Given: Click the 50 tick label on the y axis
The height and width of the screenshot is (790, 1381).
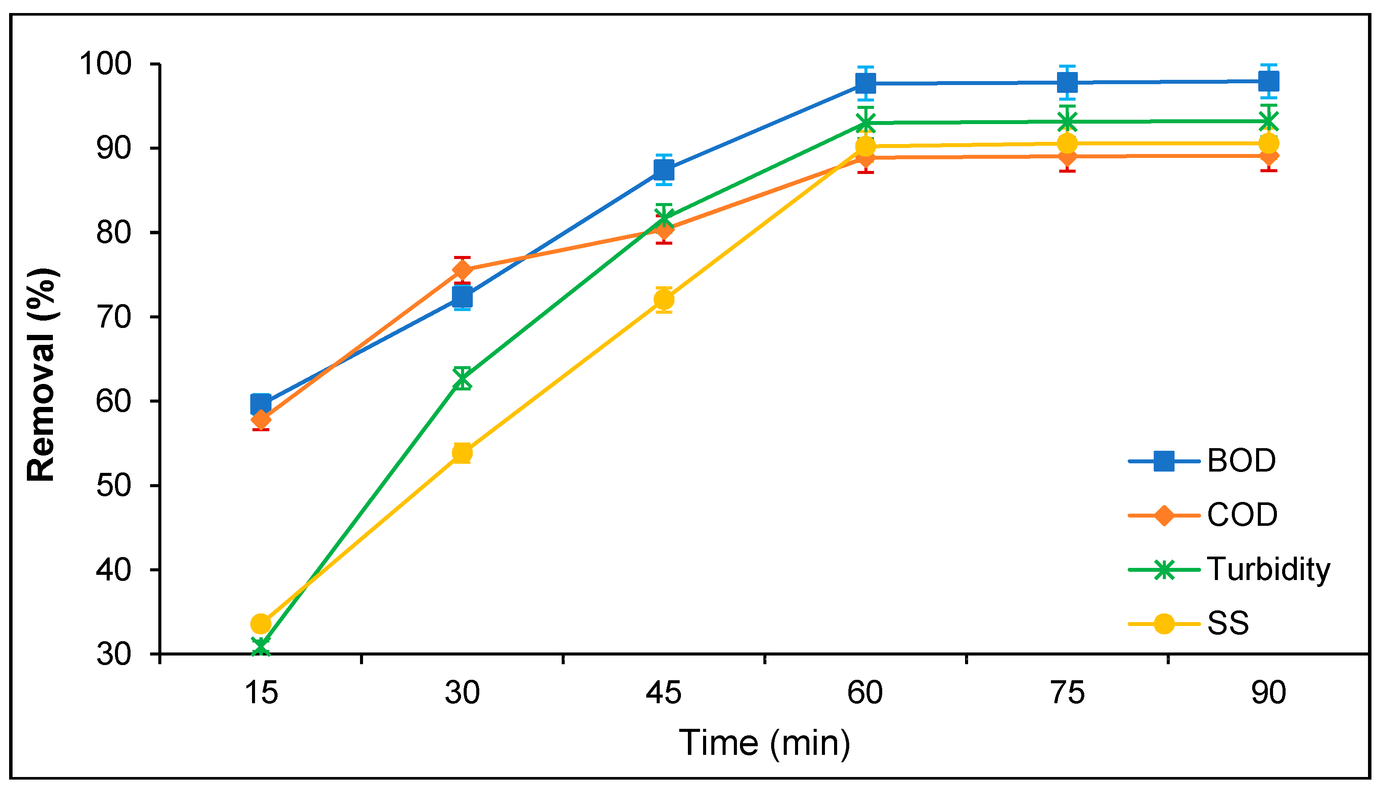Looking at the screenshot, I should click(114, 485).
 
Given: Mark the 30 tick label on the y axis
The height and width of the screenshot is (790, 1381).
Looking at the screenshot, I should click(114, 654).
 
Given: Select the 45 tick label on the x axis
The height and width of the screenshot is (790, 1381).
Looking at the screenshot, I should click(663, 693).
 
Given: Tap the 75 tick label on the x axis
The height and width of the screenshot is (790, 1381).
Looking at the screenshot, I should click(1067, 693).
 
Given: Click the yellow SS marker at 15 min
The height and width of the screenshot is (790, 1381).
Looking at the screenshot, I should click(261, 624).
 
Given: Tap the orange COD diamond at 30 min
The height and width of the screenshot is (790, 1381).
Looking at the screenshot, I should click(462, 270).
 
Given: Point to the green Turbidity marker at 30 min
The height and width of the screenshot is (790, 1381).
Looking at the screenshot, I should click(462, 378).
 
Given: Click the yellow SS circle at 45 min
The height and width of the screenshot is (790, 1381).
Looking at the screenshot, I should click(664, 299).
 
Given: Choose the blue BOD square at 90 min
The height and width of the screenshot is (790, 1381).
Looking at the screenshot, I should click(1269, 82).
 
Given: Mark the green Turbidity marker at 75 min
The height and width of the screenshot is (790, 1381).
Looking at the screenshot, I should click(1067, 121).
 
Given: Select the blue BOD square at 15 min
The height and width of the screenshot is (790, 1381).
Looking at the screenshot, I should click(261, 404).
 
